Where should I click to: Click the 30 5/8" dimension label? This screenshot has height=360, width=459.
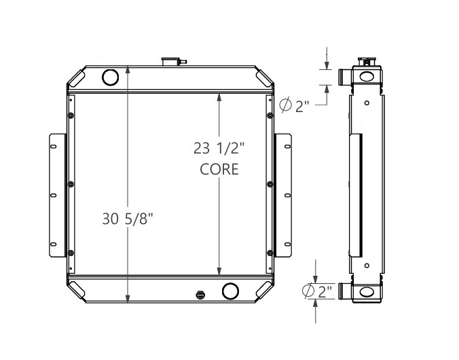coord(128,219)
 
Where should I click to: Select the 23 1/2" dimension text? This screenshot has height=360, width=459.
coord(219,147)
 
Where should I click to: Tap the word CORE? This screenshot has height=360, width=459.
coord(219,169)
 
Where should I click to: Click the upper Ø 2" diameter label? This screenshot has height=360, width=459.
coord(295,105)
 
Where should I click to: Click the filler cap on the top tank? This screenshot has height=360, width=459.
coord(168,62)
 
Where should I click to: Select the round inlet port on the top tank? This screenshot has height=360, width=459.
coord(110,77)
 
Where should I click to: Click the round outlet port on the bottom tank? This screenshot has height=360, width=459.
coord(230,292)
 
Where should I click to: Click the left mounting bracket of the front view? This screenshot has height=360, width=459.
coord(56,196)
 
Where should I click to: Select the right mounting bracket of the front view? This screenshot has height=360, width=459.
coord(283,196)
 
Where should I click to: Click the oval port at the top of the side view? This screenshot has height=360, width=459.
coord(367,76)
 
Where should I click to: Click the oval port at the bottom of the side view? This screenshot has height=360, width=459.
coord(367,292)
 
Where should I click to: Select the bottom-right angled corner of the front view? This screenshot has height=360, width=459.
coord(263,291)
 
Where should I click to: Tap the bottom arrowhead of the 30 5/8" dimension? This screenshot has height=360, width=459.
coord(128,298)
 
